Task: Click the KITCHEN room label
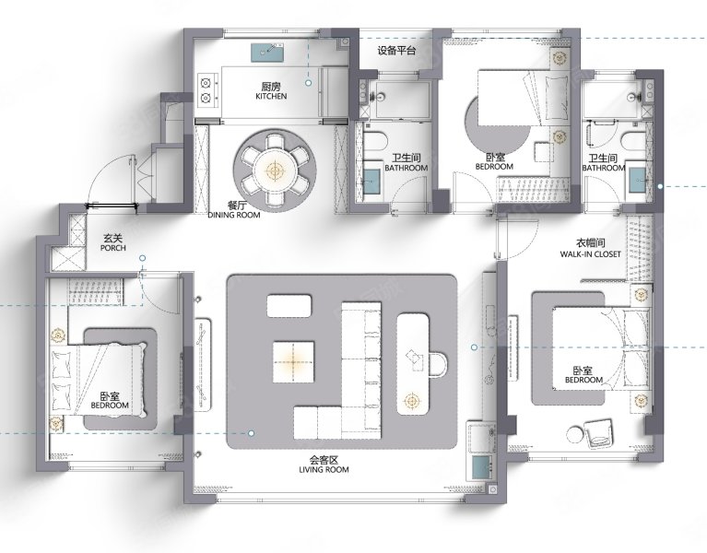click(x=271, y=96)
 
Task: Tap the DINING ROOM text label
click(x=234, y=215)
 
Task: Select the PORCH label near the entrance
click(x=113, y=248)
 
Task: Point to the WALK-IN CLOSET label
click(x=590, y=254)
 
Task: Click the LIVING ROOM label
click(x=324, y=470)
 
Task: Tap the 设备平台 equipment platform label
click(x=396, y=51)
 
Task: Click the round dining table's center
click(x=274, y=171)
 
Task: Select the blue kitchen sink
click(x=267, y=53)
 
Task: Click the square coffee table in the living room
click(x=293, y=362)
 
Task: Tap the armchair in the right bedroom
click(x=599, y=433)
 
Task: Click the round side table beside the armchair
click(x=575, y=435)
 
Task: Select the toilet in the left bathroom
click(x=376, y=142)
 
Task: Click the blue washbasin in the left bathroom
click(x=372, y=181)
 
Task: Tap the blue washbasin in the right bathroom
click(x=638, y=180)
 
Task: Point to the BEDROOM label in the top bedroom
click(x=494, y=166)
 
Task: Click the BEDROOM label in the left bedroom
click(x=110, y=406)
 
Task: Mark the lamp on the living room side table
click(x=411, y=400)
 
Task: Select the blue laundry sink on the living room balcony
click(x=481, y=468)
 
